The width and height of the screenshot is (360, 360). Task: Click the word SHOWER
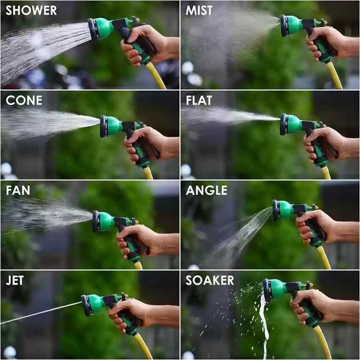point(31,10)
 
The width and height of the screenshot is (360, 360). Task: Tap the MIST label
point(199,10)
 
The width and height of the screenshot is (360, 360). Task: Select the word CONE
point(24,100)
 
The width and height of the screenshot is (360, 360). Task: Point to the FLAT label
point(199,100)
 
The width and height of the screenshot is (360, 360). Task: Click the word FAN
point(18,190)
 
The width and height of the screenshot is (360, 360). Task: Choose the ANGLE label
point(207,190)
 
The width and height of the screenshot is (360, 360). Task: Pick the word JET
point(15,280)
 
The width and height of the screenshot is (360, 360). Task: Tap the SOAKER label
point(210,280)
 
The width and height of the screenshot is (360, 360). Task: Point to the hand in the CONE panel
point(147,145)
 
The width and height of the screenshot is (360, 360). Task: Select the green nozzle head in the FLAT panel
point(291,124)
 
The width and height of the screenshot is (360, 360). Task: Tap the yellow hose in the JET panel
point(143,346)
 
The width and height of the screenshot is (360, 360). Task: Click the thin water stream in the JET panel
point(41,313)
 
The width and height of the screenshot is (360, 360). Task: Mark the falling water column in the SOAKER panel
point(264,321)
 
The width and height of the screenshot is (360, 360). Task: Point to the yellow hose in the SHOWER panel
point(156,76)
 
